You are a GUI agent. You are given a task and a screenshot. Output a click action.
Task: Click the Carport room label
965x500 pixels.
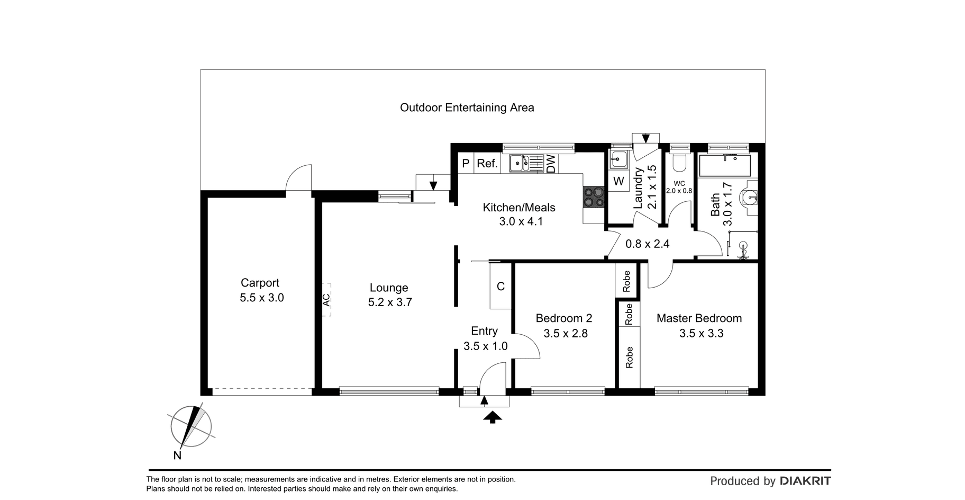pyautogui.click(x=260, y=283)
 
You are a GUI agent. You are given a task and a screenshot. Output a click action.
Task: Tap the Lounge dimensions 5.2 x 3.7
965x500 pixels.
pyautogui.click(x=390, y=302)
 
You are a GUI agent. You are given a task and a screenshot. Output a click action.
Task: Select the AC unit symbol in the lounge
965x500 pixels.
pyautogui.click(x=326, y=300)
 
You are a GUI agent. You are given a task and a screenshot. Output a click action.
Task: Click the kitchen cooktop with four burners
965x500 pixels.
pyautogui.click(x=594, y=197)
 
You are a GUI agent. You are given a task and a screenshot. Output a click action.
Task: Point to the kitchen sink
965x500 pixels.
pyautogui.click(x=520, y=163)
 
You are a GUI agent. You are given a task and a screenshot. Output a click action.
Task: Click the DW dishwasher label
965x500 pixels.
pyautogui.click(x=551, y=163)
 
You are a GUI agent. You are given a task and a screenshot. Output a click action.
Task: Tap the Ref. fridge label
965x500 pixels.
pyautogui.click(x=487, y=163)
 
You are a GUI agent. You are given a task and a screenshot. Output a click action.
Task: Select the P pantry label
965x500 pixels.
pyautogui.click(x=466, y=163)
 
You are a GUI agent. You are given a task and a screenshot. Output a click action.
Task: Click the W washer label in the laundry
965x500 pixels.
pyautogui.click(x=618, y=181)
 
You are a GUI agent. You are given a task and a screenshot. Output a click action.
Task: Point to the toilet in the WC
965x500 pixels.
pyautogui.click(x=679, y=162)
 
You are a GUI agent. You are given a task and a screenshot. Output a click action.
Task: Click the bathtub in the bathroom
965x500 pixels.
pyautogui.click(x=725, y=166)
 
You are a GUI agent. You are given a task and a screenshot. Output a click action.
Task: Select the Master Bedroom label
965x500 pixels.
pyautogui.click(x=699, y=318)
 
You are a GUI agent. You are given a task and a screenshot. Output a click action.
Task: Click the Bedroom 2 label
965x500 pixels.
pyautogui.click(x=564, y=318)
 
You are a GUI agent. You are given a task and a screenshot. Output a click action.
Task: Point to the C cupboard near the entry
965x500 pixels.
pyautogui.click(x=500, y=287)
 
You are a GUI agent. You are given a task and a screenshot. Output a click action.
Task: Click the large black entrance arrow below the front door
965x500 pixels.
pyautogui.click(x=493, y=417)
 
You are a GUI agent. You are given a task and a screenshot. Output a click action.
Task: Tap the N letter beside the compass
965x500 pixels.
pyautogui.click(x=177, y=456)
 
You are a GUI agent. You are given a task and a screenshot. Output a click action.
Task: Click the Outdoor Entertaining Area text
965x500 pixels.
pyautogui.click(x=467, y=108)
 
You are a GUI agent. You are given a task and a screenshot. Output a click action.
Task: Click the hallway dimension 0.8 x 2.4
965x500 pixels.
pyautogui.click(x=648, y=244)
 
